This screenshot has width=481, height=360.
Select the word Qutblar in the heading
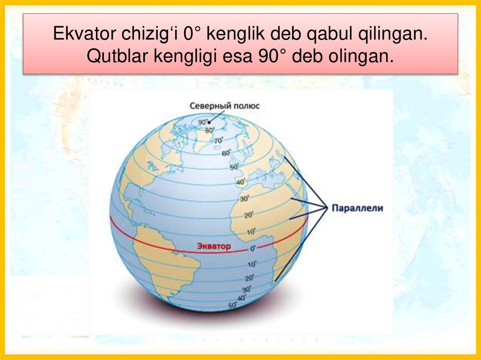point(115,56)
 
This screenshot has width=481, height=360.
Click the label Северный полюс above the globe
point(224,106)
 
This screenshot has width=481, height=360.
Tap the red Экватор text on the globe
point(214,246)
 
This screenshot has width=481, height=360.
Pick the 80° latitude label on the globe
point(210,130)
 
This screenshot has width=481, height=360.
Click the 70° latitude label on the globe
point(219,141)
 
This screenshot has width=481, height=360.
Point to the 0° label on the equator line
point(252,248)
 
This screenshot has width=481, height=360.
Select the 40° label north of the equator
point(241,182)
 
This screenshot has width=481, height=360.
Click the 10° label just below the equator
point(252,263)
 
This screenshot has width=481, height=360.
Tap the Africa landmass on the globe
point(272,211)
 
